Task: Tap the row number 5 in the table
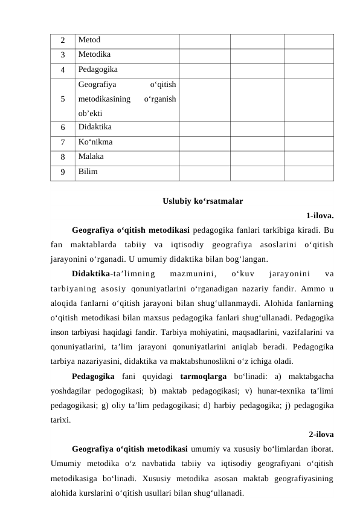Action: (x=63, y=99)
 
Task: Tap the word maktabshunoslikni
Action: (x=220, y=361)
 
